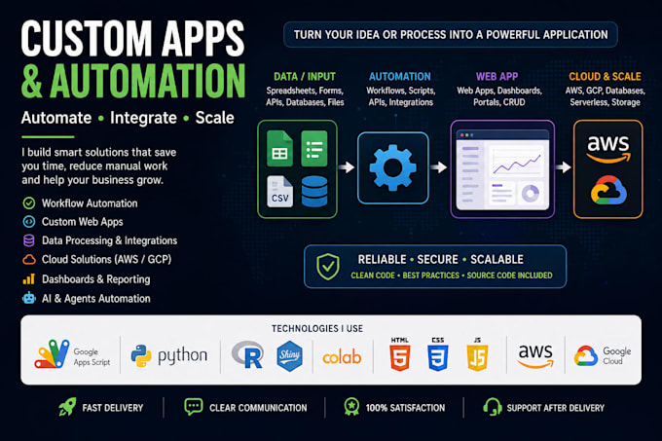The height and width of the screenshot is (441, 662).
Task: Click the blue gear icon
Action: [x=392, y=167]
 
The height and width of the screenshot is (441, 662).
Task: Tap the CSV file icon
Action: [x=280, y=192]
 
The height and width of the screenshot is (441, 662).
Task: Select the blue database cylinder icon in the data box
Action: [x=314, y=192]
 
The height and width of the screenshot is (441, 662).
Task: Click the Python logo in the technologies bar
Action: [x=141, y=355]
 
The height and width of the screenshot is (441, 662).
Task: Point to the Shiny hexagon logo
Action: [x=290, y=355]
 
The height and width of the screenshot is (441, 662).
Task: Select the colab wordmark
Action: [x=342, y=356]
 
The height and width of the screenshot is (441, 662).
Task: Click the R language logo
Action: [x=248, y=355]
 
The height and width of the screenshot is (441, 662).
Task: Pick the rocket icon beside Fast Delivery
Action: [x=67, y=407]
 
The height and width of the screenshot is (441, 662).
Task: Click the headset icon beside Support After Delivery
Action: [x=493, y=407]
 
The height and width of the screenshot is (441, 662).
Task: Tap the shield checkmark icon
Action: [x=328, y=267]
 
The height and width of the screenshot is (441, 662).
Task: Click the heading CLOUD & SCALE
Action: [x=605, y=76]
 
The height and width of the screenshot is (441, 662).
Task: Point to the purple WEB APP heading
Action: [x=496, y=76]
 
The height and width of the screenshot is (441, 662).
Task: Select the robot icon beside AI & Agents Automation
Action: [x=29, y=298]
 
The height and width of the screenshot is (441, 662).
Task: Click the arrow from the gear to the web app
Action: [x=439, y=167]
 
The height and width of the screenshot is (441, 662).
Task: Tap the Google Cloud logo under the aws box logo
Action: [x=608, y=191]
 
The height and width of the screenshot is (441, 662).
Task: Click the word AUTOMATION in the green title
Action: [x=148, y=81]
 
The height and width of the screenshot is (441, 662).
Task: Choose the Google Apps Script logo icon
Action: [x=53, y=354]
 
